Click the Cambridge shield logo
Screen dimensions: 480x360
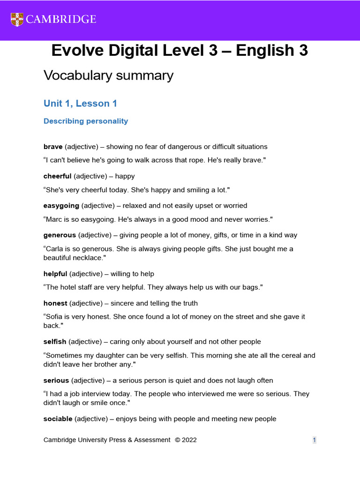(17, 19)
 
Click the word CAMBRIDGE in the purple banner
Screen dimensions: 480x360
(61, 19)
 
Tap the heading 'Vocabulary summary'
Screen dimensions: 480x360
(108, 75)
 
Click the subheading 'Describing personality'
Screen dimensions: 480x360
(86, 121)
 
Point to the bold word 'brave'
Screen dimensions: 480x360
(53, 147)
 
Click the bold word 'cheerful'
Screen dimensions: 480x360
(58, 176)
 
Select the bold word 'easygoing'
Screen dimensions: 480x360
(61, 205)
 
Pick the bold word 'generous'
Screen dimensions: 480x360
(60, 235)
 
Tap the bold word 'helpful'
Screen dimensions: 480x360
(55, 274)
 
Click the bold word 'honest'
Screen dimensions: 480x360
(55, 303)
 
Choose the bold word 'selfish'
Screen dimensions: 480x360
(55, 342)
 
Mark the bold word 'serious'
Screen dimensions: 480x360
(56, 380)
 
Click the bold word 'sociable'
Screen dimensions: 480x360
(58, 419)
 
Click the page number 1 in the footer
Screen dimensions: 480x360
(315, 440)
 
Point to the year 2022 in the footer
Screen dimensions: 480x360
(189, 440)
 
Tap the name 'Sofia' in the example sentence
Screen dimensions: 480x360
(56, 316)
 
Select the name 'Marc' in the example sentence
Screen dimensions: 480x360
(55, 219)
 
